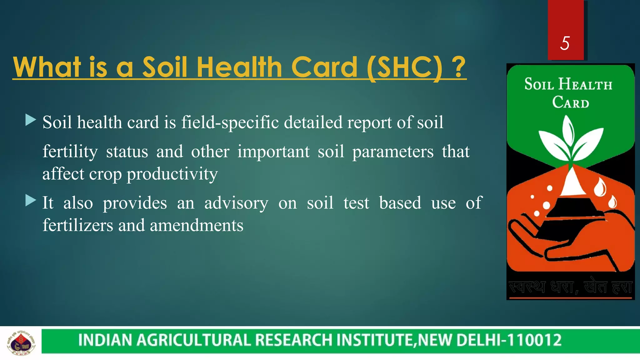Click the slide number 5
click(565, 43)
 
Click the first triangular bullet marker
click(31, 120)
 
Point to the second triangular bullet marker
click(31, 201)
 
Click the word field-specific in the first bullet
click(230, 122)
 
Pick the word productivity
click(172, 174)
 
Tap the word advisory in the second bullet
click(236, 203)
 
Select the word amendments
click(197, 225)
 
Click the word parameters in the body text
click(393, 152)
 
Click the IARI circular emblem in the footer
click(21, 343)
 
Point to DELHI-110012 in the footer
click(509, 340)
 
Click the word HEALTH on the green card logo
click(585, 84)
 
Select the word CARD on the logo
click(571, 102)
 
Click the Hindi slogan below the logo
click(571, 287)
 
